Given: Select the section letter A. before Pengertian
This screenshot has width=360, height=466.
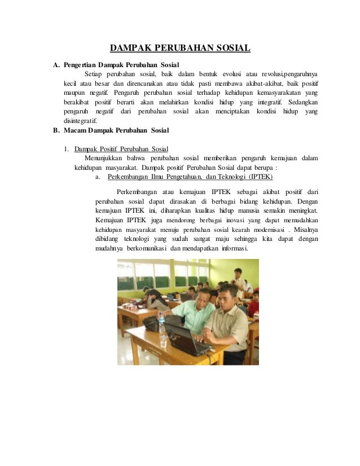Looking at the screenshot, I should tap(56, 65).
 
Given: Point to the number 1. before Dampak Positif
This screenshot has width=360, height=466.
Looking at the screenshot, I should tap(67, 149).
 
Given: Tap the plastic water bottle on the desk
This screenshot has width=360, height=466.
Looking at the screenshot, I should tap(163, 333).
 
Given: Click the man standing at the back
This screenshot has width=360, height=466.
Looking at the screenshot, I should tap(240, 279).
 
